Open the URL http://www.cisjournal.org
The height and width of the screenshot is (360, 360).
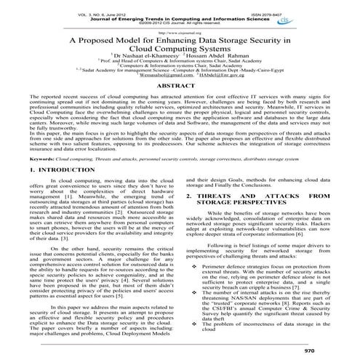(180, 32)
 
